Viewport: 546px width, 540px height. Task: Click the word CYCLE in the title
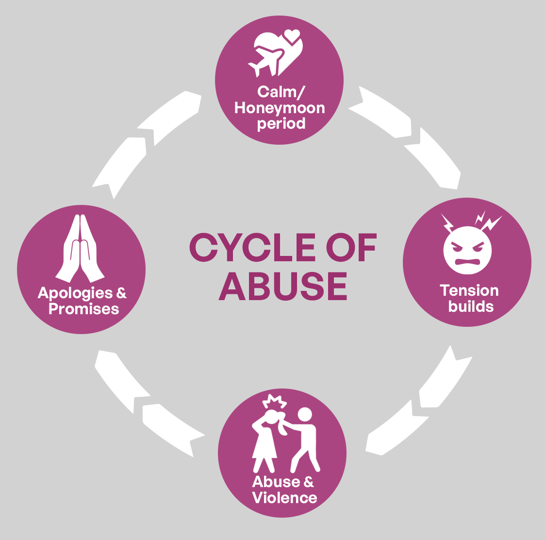click(x=252, y=248)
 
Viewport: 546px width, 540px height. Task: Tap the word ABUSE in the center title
click(x=283, y=286)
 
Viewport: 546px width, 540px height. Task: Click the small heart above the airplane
click(x=292, y=36)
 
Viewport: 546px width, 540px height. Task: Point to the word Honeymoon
click(x=280, y=108)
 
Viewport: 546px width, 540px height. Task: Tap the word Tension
click(x=469, y=290)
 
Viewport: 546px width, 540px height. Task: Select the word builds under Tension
click(x=471, y=306)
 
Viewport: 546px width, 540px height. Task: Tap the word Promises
click(x=84, y=309)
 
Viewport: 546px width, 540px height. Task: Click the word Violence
click(x=285, y=498)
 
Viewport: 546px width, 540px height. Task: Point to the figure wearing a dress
click(x=264, y=442)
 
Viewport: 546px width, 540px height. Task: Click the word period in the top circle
click(x=281, y=124)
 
